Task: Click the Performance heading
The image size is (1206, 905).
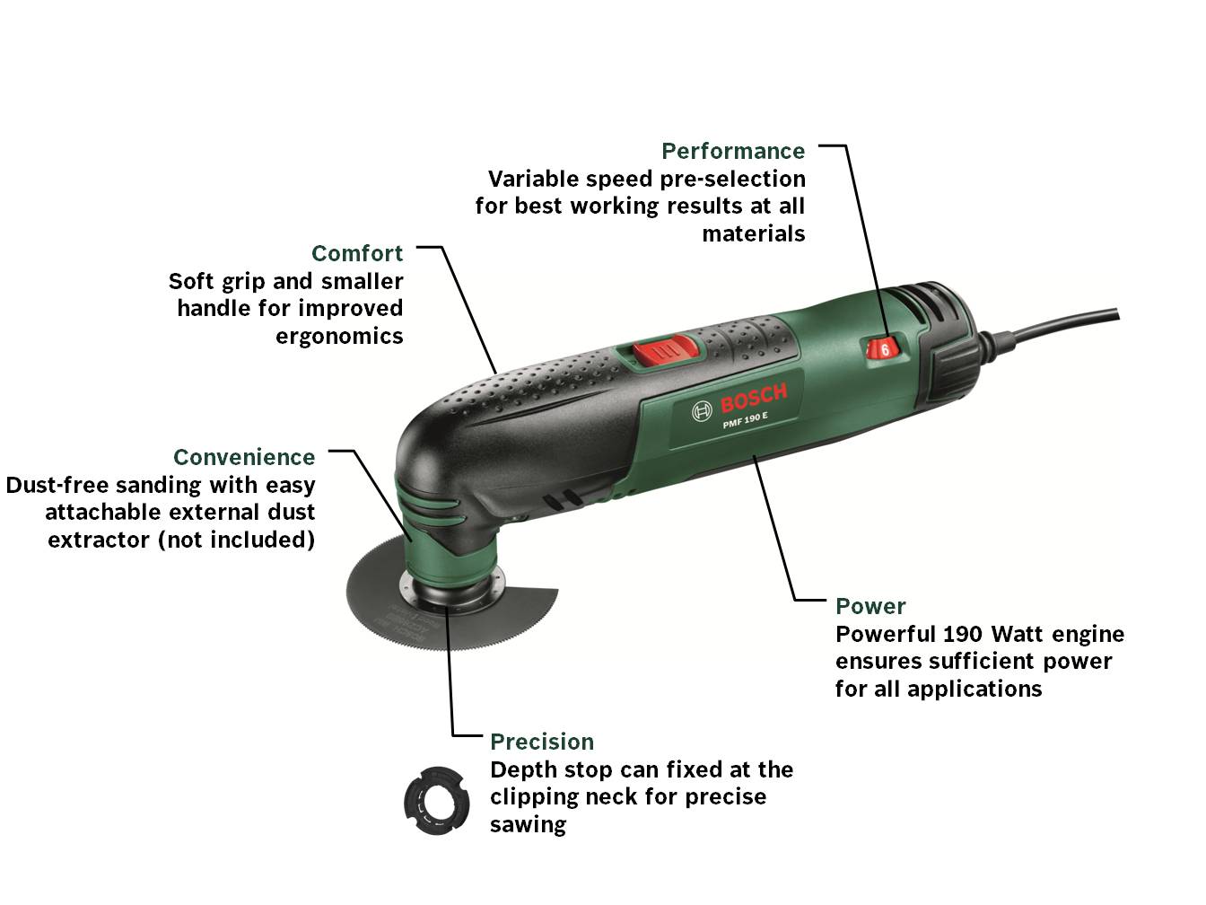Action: coord(733,151)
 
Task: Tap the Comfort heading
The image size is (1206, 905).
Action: coord(357,253)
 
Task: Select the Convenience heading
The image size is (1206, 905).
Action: coord(244,457)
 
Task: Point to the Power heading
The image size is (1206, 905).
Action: coord(870,606)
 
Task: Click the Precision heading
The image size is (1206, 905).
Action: coord(542,742)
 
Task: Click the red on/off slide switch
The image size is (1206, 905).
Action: coord(665,349)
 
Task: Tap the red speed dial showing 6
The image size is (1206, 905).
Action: coord(882,348)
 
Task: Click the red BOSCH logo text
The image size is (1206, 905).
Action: coord(754,398)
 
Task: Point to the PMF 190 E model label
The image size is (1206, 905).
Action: coord(745,421)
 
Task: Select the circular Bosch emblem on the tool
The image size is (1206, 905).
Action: coord(702,411)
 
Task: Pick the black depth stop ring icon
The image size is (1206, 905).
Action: coord(437,801)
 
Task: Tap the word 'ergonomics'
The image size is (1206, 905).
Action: coord(339,337)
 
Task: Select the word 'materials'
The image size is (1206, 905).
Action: coord(753,234)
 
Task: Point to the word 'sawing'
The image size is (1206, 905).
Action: coord(528,825)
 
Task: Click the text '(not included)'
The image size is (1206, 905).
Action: coord(236,540)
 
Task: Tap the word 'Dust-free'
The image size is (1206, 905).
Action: coord(57,485)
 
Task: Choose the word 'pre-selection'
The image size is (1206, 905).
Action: coord(732,180)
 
